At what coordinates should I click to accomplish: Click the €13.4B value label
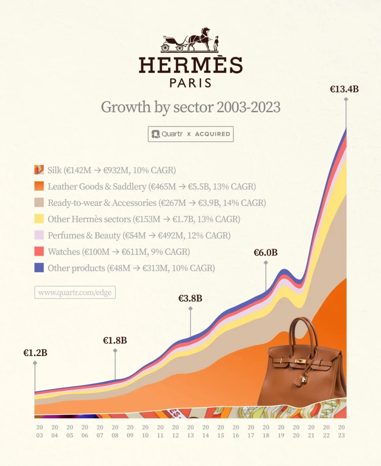(x=344, y=89)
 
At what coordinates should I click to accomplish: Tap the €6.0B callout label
(x=266, y=252)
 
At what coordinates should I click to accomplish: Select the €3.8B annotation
(x=190, y=299)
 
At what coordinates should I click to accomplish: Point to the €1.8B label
(x=115, y=340)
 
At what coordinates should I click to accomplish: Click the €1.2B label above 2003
(x=35, y=352)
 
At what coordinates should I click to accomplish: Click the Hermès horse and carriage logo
(x=190, y=40)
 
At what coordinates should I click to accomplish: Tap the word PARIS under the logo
(x=190, y=83)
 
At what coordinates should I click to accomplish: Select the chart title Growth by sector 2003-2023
(x=190, y=107)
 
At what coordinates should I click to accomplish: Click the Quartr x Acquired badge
(x=190, y=134)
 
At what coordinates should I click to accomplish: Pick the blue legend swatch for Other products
(x=39, y=268)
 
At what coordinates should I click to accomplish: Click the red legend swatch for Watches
(x=39, y=252)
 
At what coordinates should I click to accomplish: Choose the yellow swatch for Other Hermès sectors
(x=39, y=219)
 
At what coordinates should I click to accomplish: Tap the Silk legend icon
(x=39, y=170)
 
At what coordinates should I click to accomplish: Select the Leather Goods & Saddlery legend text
(x=152, y=187)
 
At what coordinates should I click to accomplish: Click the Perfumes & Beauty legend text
(x=139, y=236)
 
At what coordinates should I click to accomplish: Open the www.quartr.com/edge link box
(x=75, y=292)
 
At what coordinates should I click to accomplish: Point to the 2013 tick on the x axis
(x=190, y=431)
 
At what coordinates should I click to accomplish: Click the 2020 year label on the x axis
(x=296, y=431)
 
